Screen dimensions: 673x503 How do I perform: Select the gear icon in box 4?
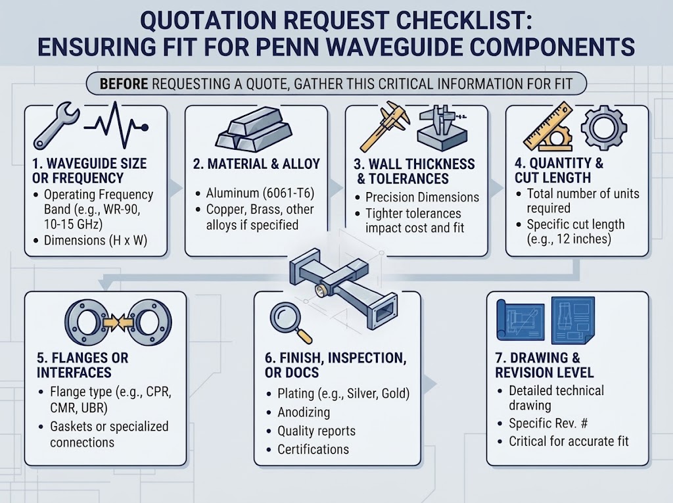pyautogui.click(x=604, y=127)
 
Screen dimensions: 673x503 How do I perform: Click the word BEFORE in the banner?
pyautogui.click(x=124, y=84)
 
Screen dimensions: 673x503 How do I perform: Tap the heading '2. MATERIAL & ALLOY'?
pyautogui.click(x=256, y=164)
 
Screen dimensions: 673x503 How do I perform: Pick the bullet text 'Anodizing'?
pyautogui.click(x=304, y=412)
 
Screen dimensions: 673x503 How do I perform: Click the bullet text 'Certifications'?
pyautogui.click(x=313, y=449)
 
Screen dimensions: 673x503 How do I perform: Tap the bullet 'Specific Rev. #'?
pyautogui.click(x=548, y=423)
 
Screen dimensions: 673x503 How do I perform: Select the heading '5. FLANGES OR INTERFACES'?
pyautogui.click(x=82, y=365)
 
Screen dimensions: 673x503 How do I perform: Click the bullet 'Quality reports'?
pyautogui.click(x=316, y=431)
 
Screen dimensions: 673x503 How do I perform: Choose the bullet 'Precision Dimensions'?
pyautogui.click(x=422, y=197)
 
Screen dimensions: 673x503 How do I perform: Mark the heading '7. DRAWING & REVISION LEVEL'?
pyautogui.click(x=544, y=365)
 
